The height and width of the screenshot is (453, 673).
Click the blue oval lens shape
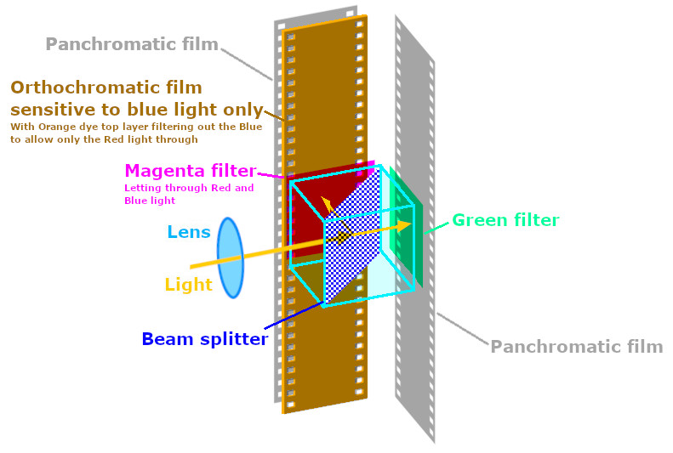[231, 258]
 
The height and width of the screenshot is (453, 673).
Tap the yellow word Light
[188, 285]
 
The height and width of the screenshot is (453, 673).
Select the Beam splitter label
[204, 339]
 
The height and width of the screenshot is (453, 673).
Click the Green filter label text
[505, 220]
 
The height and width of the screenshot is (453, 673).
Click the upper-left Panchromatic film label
[132, 43]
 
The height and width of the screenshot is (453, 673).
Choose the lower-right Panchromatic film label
[576, 346]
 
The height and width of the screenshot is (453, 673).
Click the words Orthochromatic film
[106, 87]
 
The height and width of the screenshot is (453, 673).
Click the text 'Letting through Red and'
[189, 188]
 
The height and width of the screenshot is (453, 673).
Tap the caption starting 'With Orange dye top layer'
[136, 127]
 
